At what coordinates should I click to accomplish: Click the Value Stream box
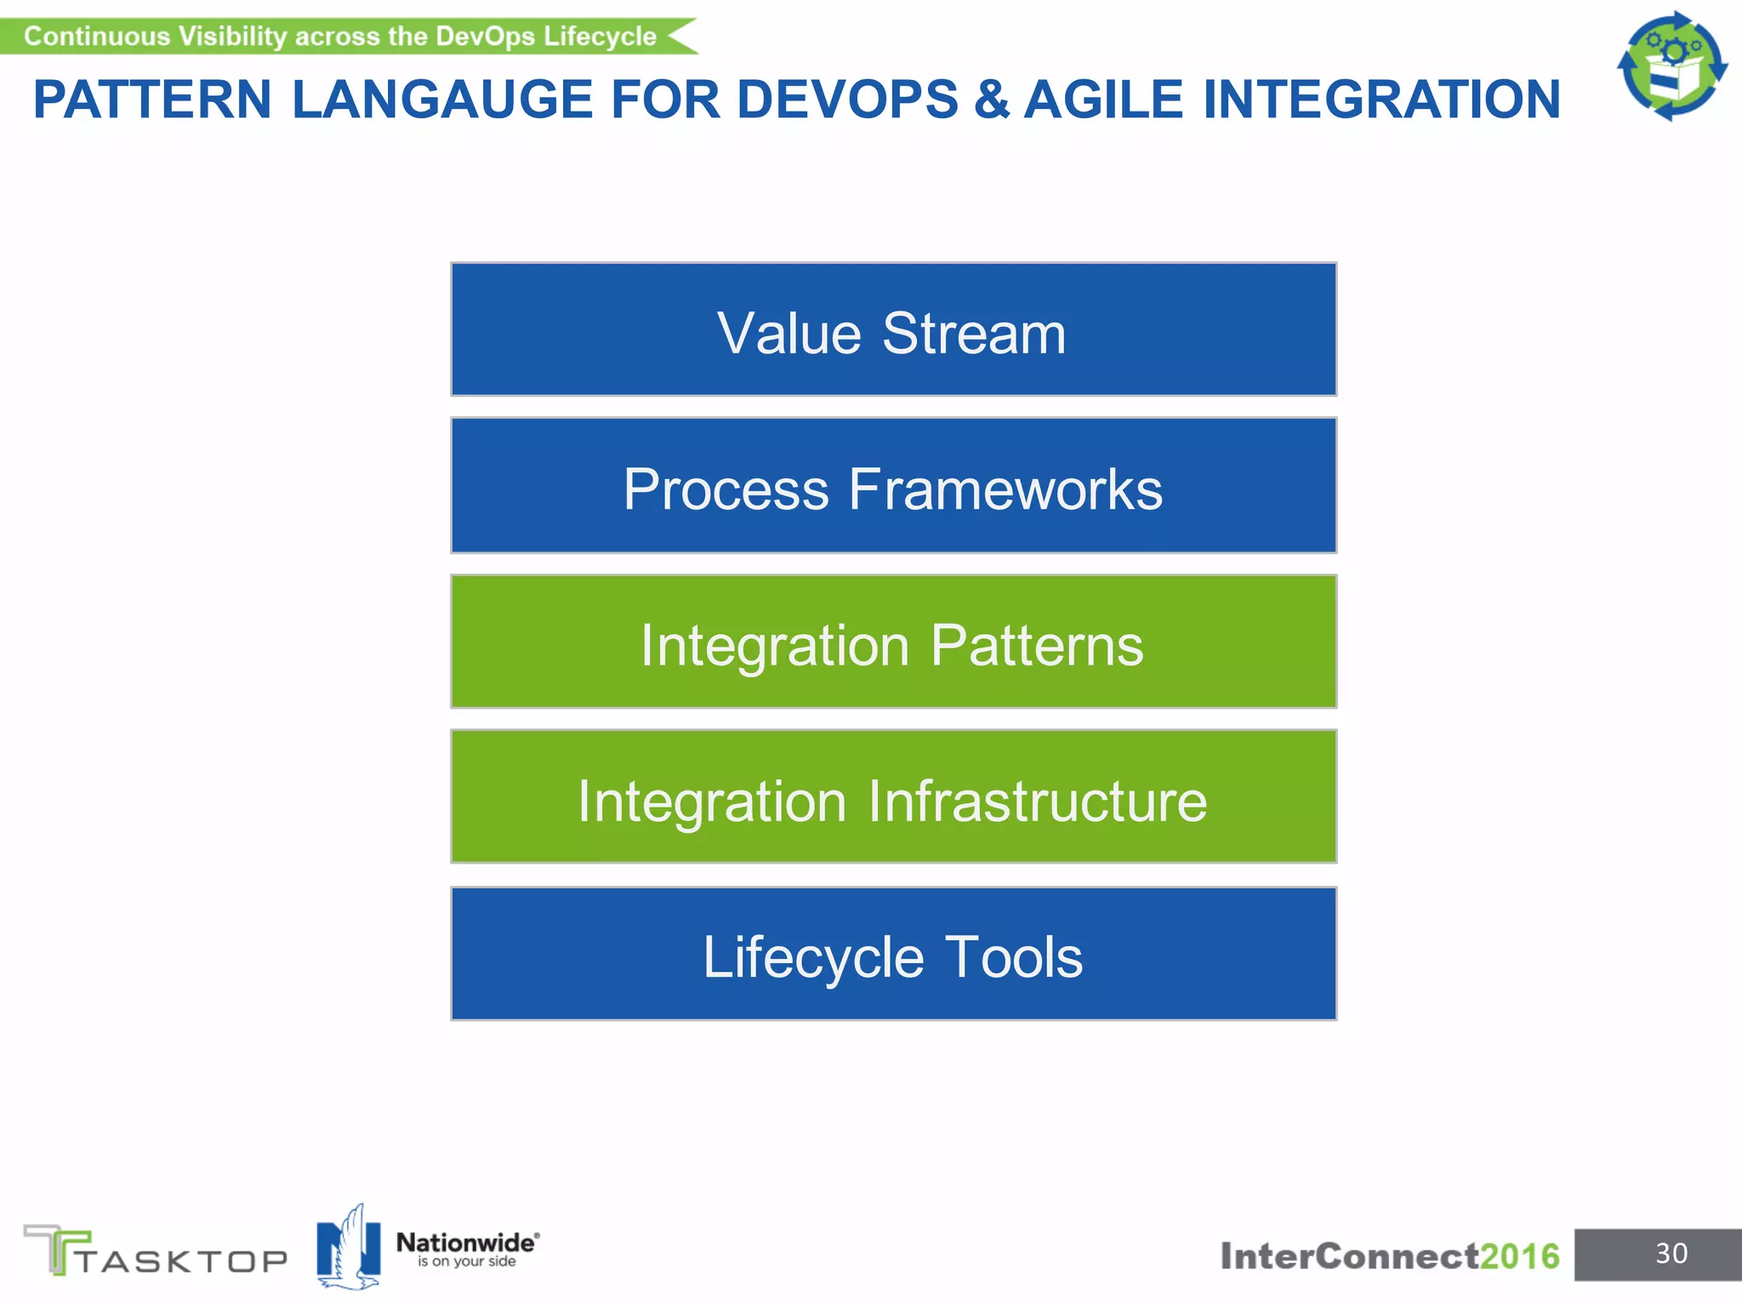tap(893, 329)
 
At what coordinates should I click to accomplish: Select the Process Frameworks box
tap(893, 485)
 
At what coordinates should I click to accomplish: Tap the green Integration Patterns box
tap(893, 642)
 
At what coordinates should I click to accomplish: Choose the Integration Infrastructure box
tap(893, 796)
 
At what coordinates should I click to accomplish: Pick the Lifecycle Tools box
tap(893, 953)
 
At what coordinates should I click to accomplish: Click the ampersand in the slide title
tap(992, 100)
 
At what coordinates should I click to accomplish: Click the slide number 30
tap(1671, 1253)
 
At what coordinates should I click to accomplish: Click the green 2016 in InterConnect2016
tap(1519, 1256)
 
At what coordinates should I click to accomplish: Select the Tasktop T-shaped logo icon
tap(55, 1248)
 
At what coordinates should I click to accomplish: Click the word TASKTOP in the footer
tap(183, 1260)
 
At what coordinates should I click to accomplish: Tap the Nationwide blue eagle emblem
tap(348, 1247)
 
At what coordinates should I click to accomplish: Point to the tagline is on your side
tap(466, 1261)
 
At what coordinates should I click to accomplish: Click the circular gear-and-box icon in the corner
tap(1671, 66)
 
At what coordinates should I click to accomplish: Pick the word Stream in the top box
tap(974, 334)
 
